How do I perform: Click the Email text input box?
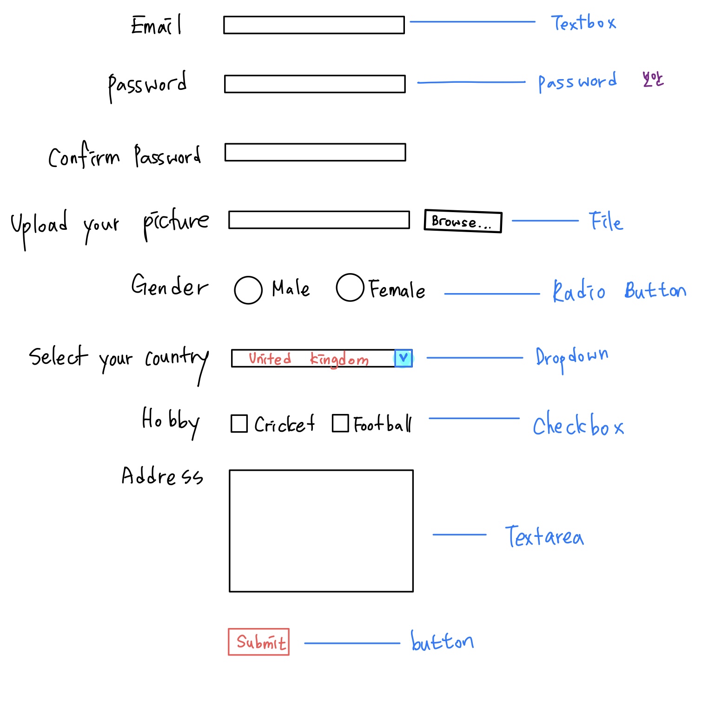314,25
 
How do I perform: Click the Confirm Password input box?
315,152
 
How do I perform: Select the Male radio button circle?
248,290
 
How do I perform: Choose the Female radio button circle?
350,287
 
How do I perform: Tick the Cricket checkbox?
239,423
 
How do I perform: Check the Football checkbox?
340,423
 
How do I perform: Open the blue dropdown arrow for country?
404,358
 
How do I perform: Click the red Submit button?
258,642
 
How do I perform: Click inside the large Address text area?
321,530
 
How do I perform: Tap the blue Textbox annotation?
583,23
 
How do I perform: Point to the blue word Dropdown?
571,358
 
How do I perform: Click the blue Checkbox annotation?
578,424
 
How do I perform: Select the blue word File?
606,221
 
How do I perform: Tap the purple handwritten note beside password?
653,80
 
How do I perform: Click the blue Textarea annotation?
544,536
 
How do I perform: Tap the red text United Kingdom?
309,359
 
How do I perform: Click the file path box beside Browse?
319,220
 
